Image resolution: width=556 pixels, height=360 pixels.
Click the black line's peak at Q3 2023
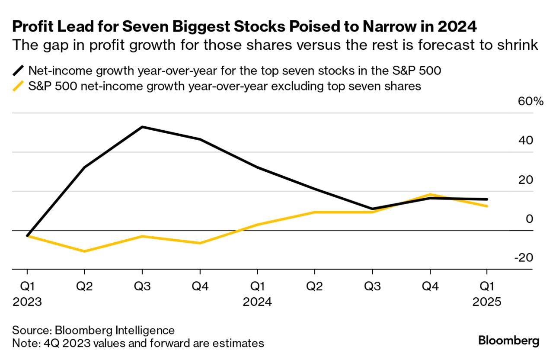(142, 127)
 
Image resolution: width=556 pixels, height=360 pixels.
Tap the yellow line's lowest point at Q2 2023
(84, 251)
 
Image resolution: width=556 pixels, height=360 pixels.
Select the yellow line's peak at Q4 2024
(430, 194)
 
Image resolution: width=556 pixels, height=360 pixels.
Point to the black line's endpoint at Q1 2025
(487, 199)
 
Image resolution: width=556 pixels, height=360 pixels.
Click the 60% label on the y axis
(524, 102)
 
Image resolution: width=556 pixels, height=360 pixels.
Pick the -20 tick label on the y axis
(524, 257)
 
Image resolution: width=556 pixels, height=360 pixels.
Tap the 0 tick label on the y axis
(530, 219)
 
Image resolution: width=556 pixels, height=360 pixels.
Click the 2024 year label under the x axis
(257, 302)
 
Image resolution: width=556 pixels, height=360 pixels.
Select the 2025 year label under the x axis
(487, 302)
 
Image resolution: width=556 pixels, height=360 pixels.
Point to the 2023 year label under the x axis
(27, 302)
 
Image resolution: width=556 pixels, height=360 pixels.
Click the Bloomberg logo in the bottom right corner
(509, 341)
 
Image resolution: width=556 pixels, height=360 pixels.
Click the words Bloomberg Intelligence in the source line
(115, 331)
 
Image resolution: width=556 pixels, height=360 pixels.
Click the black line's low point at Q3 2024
(372, 209)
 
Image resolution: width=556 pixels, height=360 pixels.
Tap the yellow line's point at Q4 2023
(200, 243)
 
